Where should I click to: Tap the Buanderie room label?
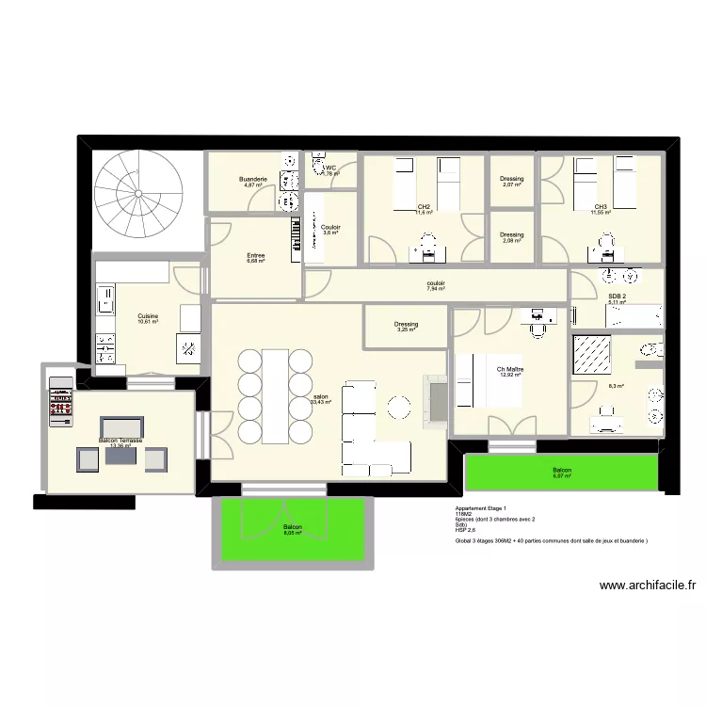pos(253,179)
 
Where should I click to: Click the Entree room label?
pos(256,255)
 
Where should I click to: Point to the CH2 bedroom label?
pos(425,207)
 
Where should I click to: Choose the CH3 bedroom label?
pos(601,207)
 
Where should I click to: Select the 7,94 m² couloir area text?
pos(436,289)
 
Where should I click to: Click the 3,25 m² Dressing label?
pos(407,325)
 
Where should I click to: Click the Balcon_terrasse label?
pos(120,441)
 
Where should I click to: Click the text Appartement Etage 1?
pos(481,508)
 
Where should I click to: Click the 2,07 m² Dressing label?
pos(512,179)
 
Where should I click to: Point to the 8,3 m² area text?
pos(616,386)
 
